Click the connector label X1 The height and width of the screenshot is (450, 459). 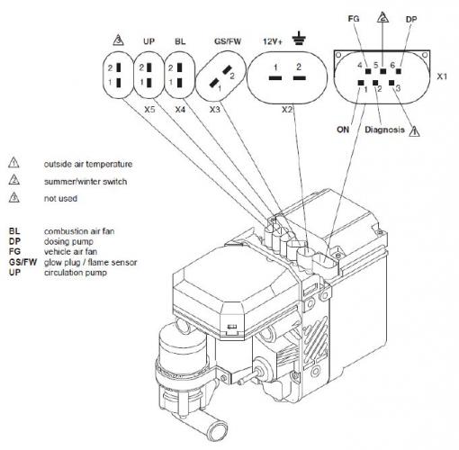[441, 77]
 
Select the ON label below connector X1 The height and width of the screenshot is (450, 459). [343, 128]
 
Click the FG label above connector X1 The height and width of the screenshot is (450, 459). [353, 17]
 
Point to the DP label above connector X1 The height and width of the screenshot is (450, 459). [411, 17]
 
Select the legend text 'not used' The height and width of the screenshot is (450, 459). [62, 198]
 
